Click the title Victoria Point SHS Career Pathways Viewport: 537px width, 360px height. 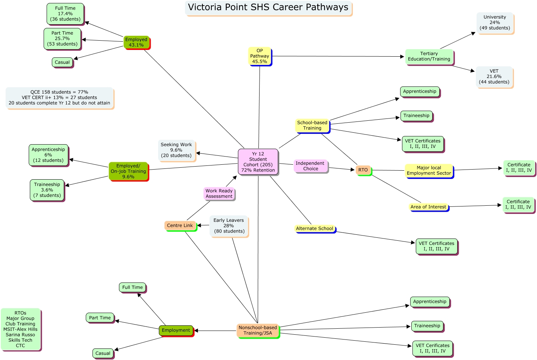click(x=268, y=8)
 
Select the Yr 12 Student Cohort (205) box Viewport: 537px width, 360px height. click(x=258, y=162)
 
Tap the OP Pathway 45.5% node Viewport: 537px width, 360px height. click(x=260, y=56)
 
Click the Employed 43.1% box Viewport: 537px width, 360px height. click(x=136, y=42)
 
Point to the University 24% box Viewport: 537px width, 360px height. click(x=495, y=23)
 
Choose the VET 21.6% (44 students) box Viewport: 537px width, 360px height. click(x=494, y=77)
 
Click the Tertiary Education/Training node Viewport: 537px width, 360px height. click(x=429, y=57)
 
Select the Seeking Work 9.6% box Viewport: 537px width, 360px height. click(x=176, y=150)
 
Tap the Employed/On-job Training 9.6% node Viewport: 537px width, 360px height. click(x=128, y=171)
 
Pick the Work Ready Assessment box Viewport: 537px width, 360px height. click(x=219, y=193)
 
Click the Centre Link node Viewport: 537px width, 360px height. click(x=180, y=225)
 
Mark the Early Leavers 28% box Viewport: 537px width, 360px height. click(x=229, y=226)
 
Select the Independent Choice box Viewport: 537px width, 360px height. click(x=310, y=166)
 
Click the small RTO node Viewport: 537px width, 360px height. click(x=363, y=170)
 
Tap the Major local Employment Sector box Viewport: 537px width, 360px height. click(x=429, y=171)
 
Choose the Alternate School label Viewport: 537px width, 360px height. click(x=315, y=228)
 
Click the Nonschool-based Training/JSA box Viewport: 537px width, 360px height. click(x=258, y=331)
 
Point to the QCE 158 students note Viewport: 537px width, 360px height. click(x=59, y=98)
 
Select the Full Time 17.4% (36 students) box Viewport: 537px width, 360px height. click(x=65, y=14)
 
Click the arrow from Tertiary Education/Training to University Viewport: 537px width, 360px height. click(x=458, y=41)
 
